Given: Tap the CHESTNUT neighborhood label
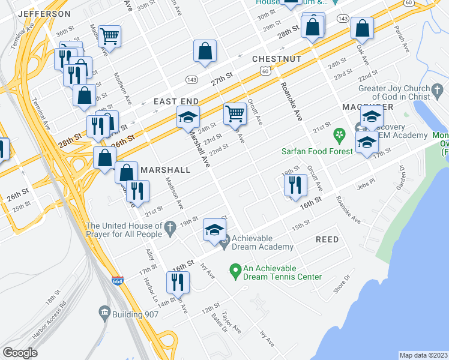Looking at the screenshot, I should pos(276,59).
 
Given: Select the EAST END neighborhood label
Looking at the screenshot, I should pos(176,102).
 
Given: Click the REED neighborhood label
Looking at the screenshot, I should pos(327,239).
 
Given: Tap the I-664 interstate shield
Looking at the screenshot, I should pos(118,280).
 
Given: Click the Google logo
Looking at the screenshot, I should pos(20,353).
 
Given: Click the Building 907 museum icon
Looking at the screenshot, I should pos(104,313).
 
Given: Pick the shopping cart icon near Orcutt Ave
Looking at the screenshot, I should pos(235,113).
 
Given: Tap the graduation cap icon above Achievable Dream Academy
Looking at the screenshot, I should pos(215,230).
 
